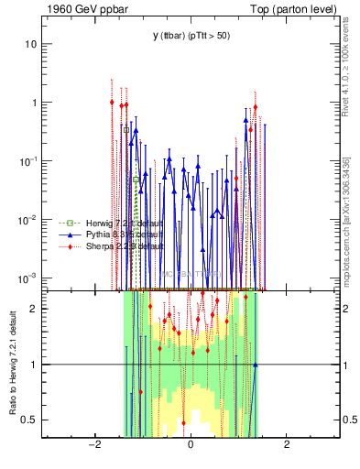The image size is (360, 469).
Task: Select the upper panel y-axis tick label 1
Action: click(x=35, y=103)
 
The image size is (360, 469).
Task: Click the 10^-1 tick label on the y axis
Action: click(x=29, y=161)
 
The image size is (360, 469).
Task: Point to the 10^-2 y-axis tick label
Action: click(x=29, y=220)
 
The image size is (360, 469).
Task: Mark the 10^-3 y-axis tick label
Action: click(x=29, y=278)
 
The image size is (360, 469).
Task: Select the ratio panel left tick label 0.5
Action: click(x=30, y=420)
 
